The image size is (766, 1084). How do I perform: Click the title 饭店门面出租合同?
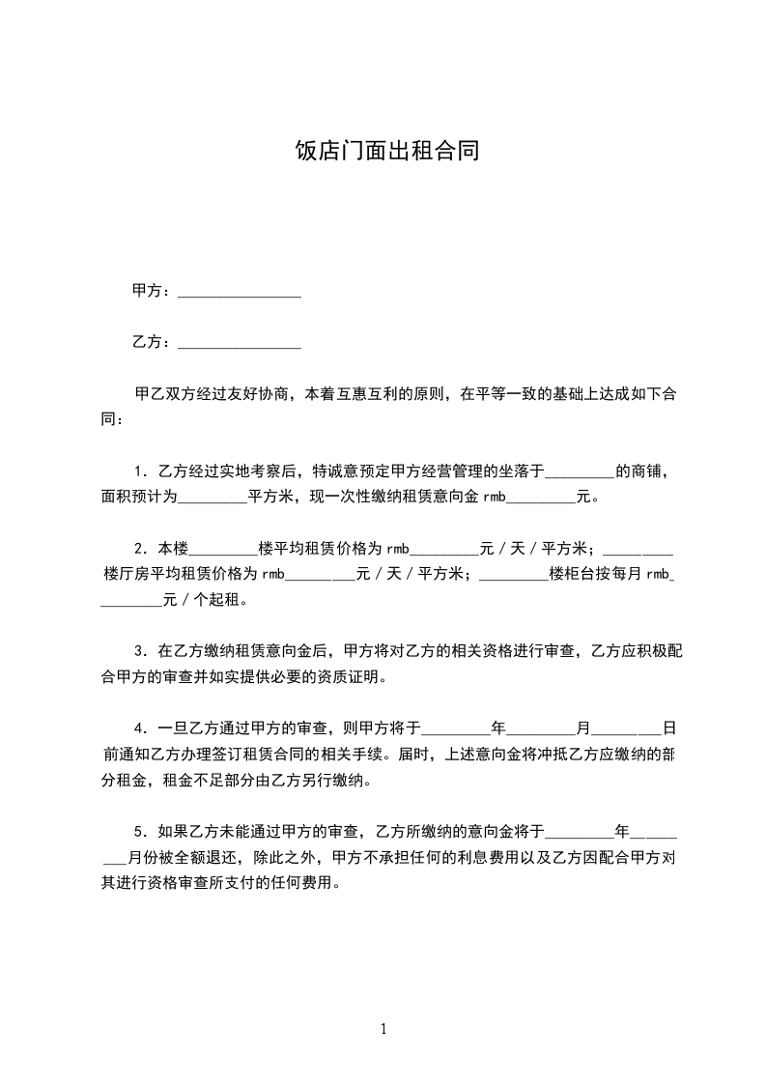tap(386, 152)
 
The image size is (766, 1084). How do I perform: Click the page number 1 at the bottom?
tap(383, 1029)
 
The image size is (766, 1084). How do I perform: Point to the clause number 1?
tap(139, 472)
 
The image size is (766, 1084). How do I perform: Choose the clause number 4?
tap(139, 728)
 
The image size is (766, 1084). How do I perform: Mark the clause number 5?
tap(139, 830)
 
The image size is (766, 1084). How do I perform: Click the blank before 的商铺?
tap(580, 473)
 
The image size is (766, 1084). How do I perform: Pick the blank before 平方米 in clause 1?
tap(213, 499)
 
